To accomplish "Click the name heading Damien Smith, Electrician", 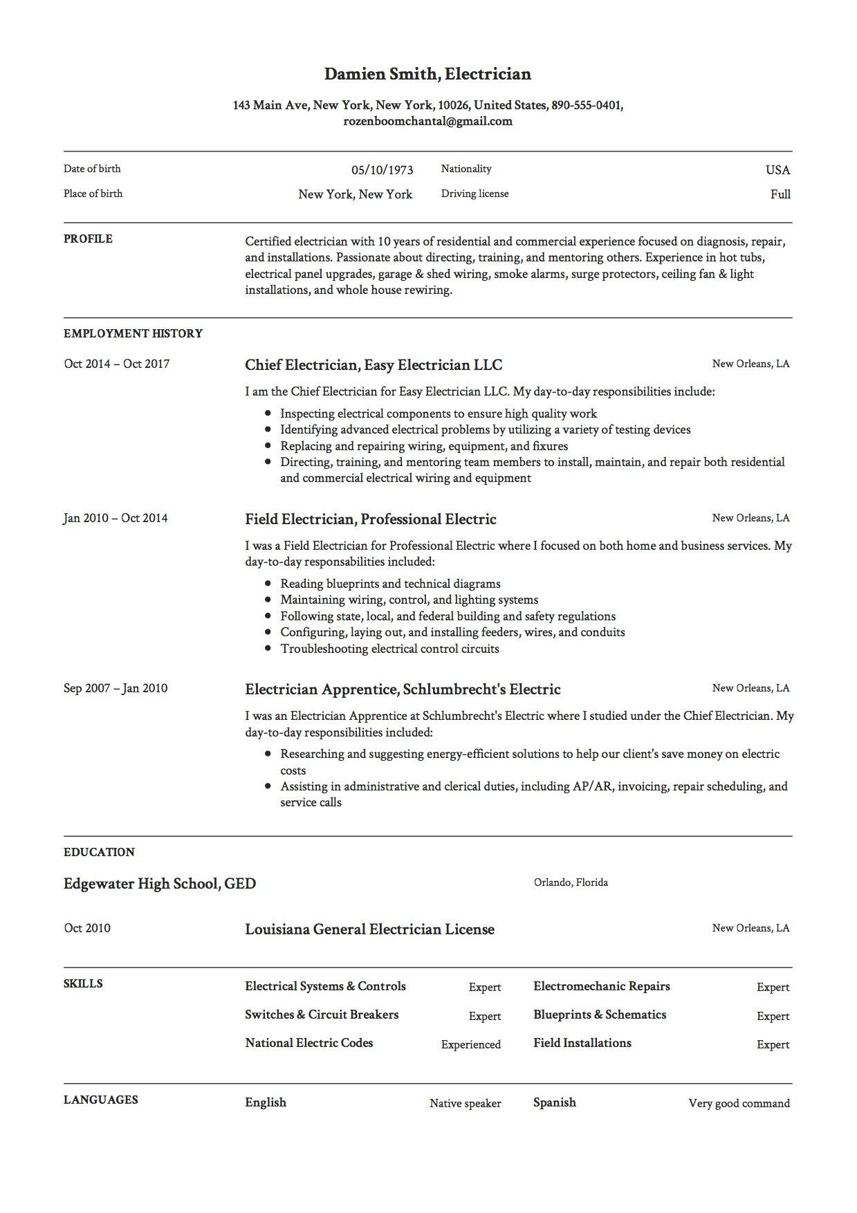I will click(x=427, y=74).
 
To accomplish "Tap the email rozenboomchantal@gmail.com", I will click(x=427, y=122).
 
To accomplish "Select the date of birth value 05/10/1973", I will click(x=382, y=170).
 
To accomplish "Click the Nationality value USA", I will click(x=777, y=170).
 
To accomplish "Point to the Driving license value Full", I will click(x=780, y=194).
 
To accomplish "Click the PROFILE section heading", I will click(x=88, y=239).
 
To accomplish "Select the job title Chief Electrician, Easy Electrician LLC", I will click(x=374, y=364).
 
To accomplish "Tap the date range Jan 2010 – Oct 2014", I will click(x=116, y=518).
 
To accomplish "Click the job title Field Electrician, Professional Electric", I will click(x=371, y=519).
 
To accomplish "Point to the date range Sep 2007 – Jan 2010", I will click(x=116, y=688).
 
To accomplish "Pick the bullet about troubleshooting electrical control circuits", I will click(x=389, y=649).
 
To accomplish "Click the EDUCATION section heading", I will click(x=99, y=852).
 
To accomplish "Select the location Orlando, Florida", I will click(x=571, y=882).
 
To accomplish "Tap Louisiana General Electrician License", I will click(x=369, y=929).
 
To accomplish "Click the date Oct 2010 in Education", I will click(x=87, y=928).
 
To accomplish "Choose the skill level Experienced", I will click(x=470, y=1044).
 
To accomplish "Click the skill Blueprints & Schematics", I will click(x=600, y=1015).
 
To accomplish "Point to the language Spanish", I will click(x=554, y=1102).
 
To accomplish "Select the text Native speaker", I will click(x=465, y=1104).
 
